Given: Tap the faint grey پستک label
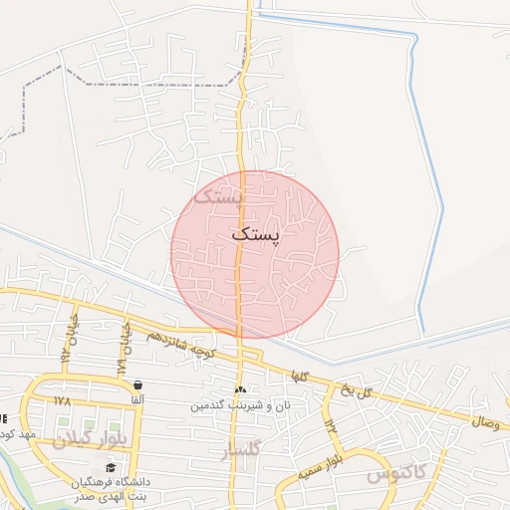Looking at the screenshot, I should [218, 195].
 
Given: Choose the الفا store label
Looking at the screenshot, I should [136, 399].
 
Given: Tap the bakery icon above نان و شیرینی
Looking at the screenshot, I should [239, 389].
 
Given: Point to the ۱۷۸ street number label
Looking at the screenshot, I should [63, 400].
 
